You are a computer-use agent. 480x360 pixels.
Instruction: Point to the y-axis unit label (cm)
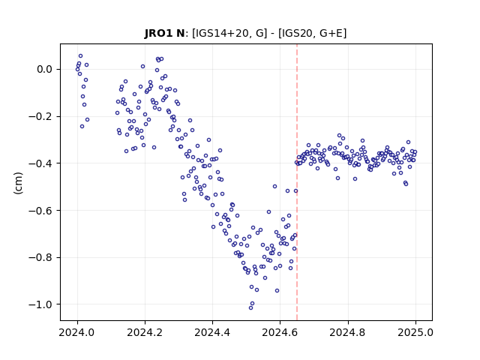pos(18,183)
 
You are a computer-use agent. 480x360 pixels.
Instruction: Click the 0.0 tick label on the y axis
pos(44,70)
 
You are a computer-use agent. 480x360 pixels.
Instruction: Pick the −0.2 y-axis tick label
pos(40,117)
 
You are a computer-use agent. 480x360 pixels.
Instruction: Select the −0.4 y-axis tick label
pos(40,163)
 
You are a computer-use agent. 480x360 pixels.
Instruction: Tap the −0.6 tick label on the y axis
pos(40,211)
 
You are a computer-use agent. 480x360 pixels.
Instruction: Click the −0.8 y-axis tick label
pos(40,257)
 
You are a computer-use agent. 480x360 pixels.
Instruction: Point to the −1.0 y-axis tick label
pos(40,304)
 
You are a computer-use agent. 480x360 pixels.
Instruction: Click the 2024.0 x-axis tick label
pos(76,332)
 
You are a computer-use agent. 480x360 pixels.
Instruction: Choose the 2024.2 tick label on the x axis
pos(145,332)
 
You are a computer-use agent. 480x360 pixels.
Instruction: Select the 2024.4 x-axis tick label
pos(212,332)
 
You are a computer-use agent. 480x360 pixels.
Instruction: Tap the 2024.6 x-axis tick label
pos(280,332)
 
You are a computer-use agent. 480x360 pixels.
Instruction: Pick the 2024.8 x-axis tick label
pos(347,332)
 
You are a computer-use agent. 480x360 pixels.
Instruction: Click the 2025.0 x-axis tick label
pos(415,332)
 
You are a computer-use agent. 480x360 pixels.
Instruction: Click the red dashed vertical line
pos(297,182)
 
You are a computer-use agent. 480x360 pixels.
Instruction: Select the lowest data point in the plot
pos(250,307)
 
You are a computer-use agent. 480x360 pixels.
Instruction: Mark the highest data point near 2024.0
pos(80,56)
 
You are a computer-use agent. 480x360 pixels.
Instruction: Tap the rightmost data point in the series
pos(415,151)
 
